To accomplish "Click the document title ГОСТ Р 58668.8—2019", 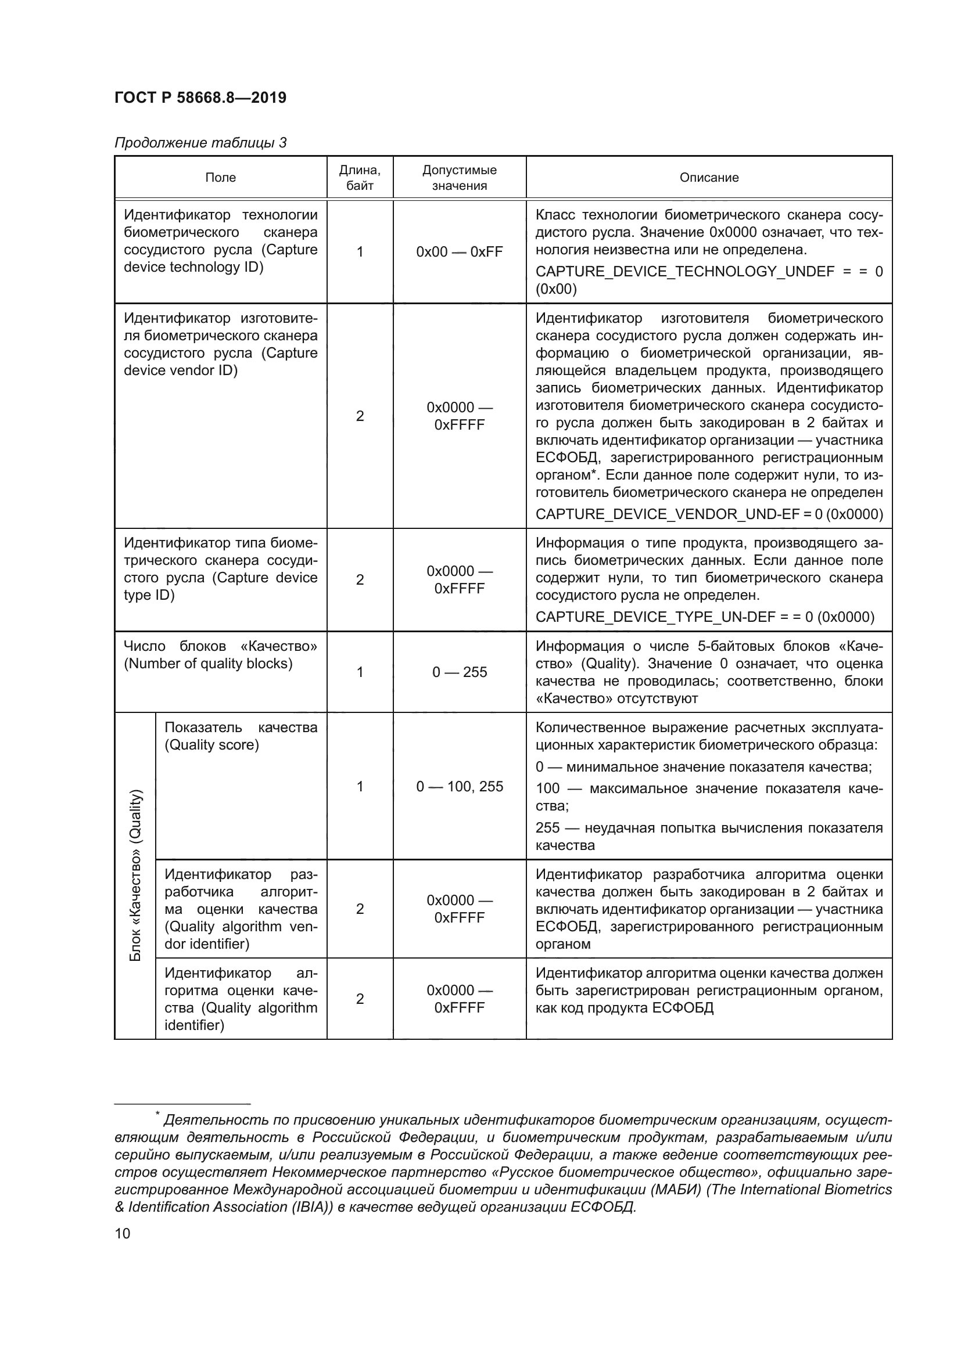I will (x=200, y=98).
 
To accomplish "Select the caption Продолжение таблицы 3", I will (x=200, y=143).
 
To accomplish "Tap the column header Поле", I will (x=220, y=178).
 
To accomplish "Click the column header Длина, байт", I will (x=359, y=178).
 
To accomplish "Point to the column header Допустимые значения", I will (x=459, y=178).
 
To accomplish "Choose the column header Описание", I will (x=708, y=178).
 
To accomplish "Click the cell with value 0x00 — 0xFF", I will (x=459, y=252).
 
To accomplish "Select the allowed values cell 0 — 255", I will (x=459, y=672).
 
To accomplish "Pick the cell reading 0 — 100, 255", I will (x=459, y=786).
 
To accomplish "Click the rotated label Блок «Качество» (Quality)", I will (x=135, y=875).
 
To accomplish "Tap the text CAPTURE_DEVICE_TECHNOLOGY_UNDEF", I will (x=684, y=272).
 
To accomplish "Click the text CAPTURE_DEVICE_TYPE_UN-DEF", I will (x=654, y=617).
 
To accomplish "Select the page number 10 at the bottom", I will (x=123, y=1233).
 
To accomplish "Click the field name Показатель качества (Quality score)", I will (x=241, y=736).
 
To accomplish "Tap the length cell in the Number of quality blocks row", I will (x=359, y=672).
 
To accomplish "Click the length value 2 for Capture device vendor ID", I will (x=359, y=416).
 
